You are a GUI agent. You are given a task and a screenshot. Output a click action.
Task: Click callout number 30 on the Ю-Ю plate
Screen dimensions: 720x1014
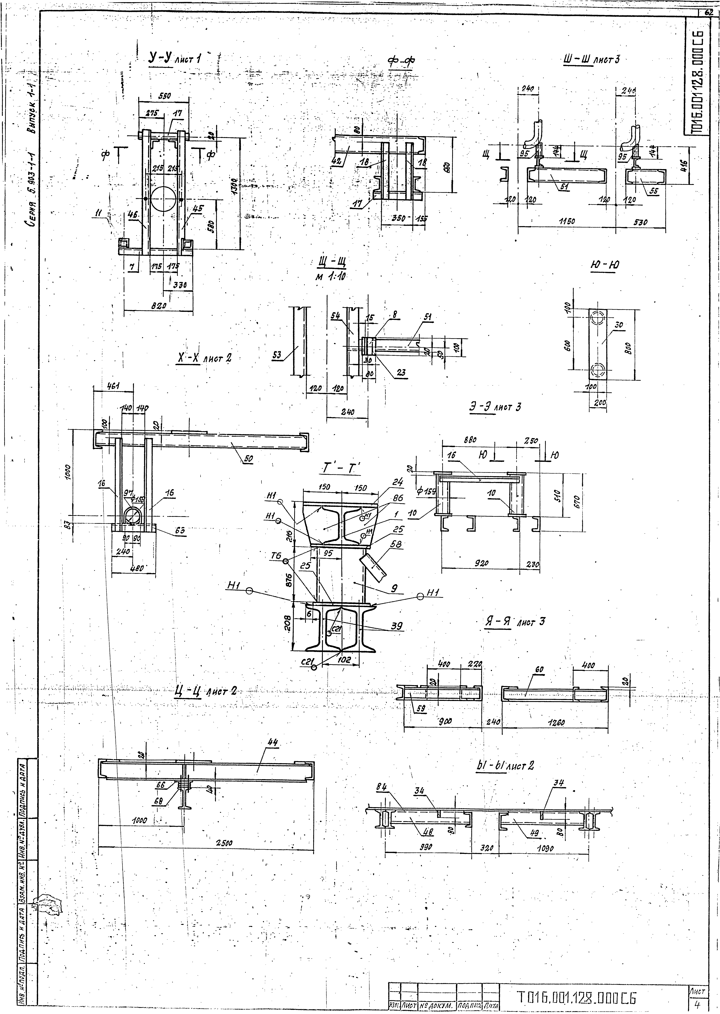tap(618, 325)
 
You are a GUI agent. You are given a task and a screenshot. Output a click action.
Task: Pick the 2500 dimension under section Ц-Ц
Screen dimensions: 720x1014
tap(227, 842)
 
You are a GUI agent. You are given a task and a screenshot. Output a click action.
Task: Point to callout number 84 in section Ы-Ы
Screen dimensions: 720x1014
tap(381, 786)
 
